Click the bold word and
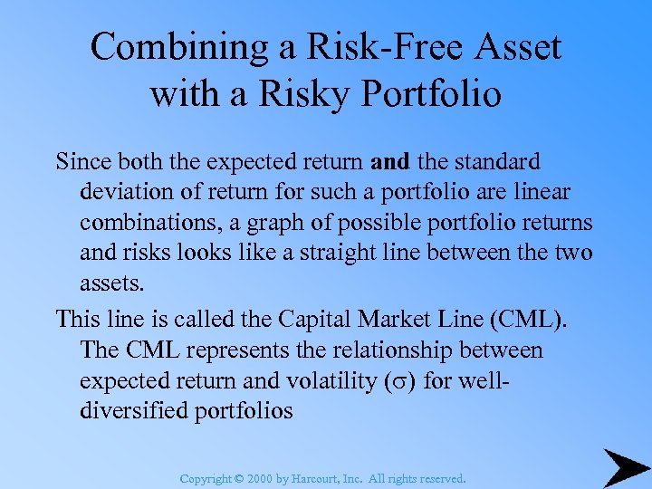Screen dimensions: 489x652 coord(390,162)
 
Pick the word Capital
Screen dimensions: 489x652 coord(310,319)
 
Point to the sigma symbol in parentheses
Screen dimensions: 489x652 coord(399,381)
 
